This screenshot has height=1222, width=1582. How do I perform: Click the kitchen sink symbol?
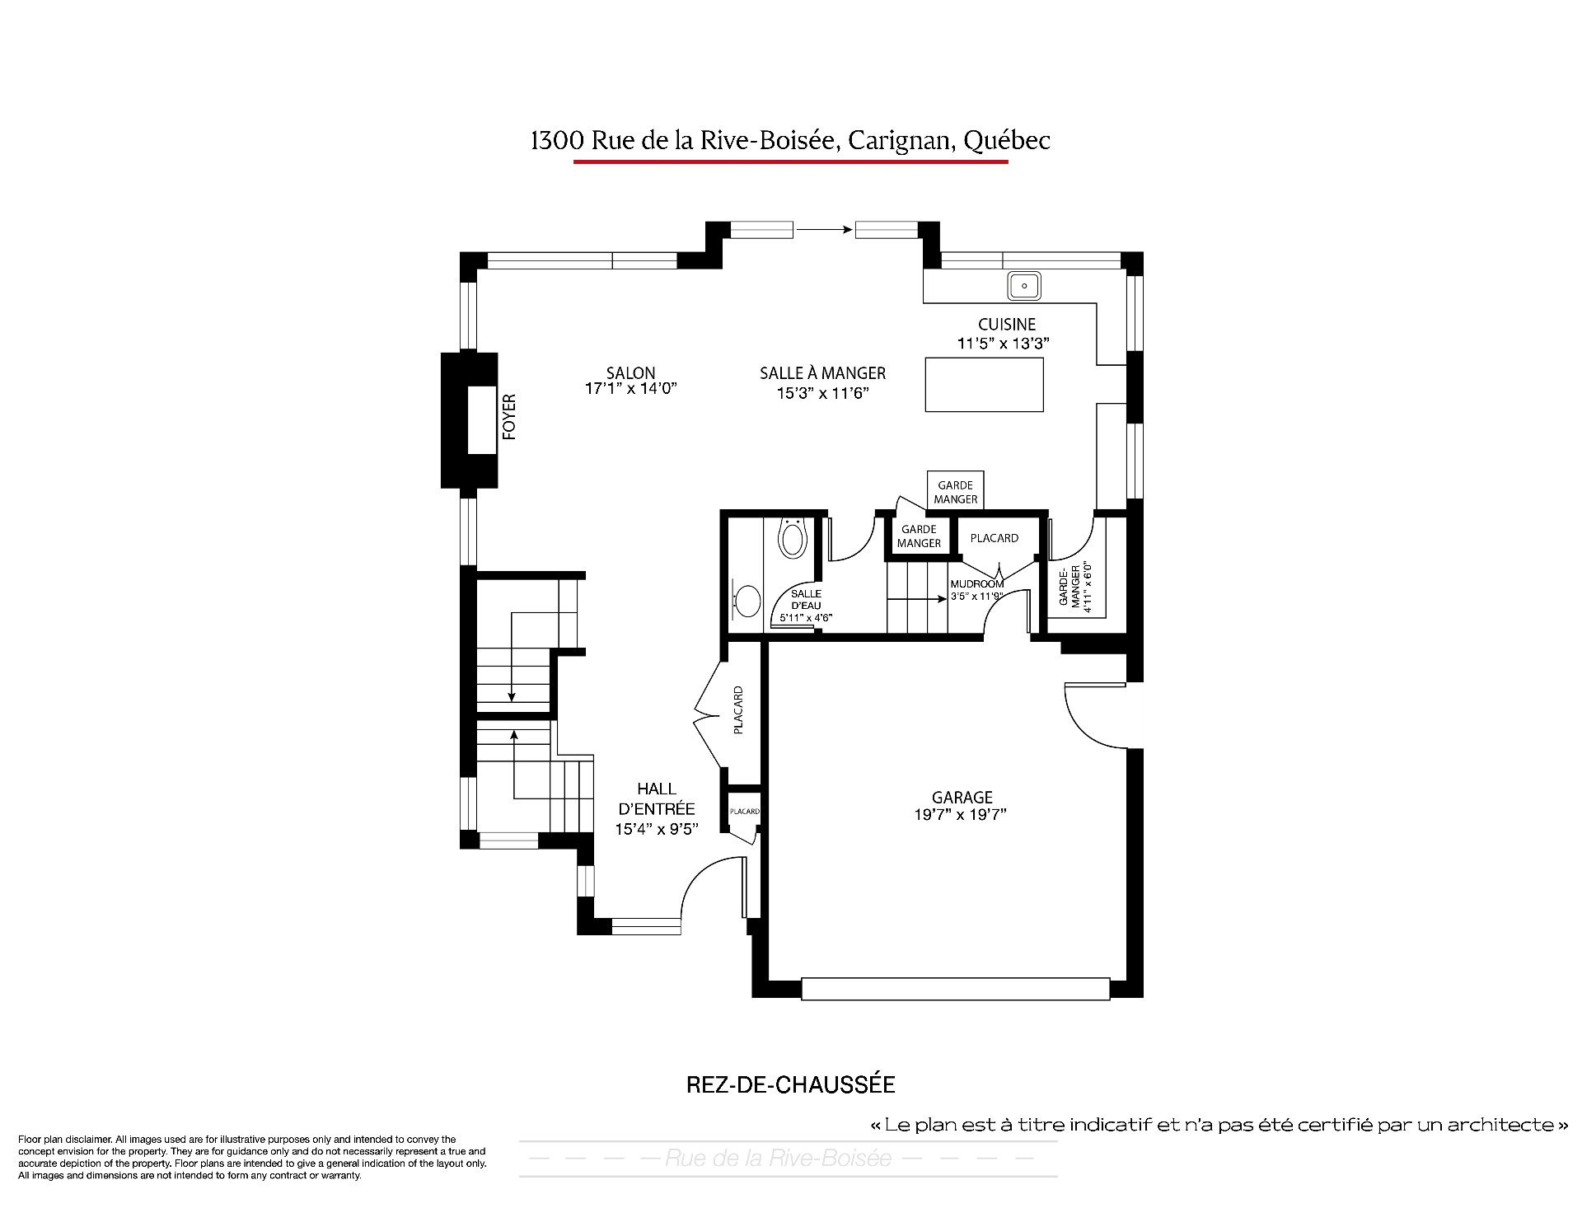(1024, 285)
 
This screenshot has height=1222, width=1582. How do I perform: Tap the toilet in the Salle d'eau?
(792, 536)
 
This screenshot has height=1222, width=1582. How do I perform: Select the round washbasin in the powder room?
(748, 601)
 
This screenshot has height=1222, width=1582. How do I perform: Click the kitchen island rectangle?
(984, 384)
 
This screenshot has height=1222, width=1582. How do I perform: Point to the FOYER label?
(509, 417)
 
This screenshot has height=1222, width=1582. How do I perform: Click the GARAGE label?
(962, 797)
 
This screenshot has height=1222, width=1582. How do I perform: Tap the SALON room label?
(631, 373)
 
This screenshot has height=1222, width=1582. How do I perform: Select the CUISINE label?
(1007, 325)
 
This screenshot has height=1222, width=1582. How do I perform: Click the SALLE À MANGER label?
(822, 373)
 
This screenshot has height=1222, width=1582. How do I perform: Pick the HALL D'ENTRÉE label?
(656, 798)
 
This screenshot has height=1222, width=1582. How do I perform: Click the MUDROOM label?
(976, 584)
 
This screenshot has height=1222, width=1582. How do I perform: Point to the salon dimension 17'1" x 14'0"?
(631, 389)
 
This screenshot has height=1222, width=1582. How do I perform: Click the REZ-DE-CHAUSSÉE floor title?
(790, 1084)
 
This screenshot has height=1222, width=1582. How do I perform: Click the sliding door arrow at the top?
(824, 230)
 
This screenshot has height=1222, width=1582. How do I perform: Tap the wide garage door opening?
(956, 989)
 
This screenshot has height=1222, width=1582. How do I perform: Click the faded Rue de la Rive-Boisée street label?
(778, 1159)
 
